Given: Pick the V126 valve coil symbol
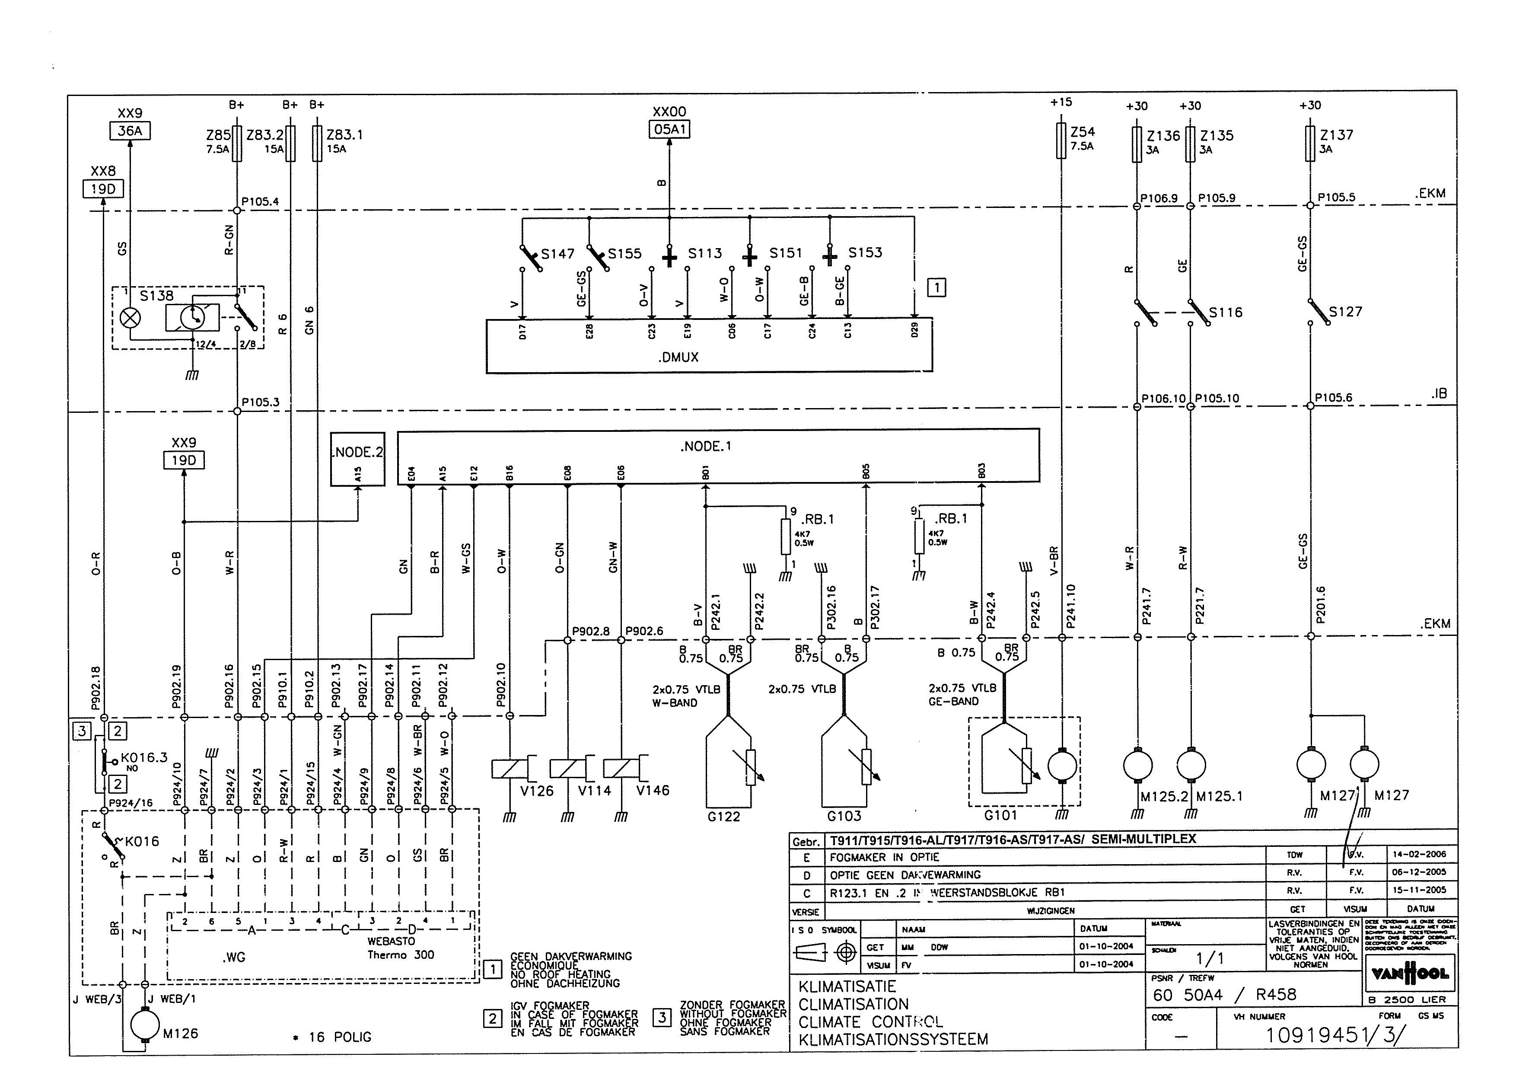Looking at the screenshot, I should [x=510, y=769].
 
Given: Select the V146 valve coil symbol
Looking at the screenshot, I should [x=621, y=769].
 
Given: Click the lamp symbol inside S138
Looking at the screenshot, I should [x=130, y=318].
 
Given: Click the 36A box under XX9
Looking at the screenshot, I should [x=130, y=131].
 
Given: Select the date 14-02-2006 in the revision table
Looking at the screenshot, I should [x=1419, y=855].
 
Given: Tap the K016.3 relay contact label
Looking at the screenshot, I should [x=143, y=757].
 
